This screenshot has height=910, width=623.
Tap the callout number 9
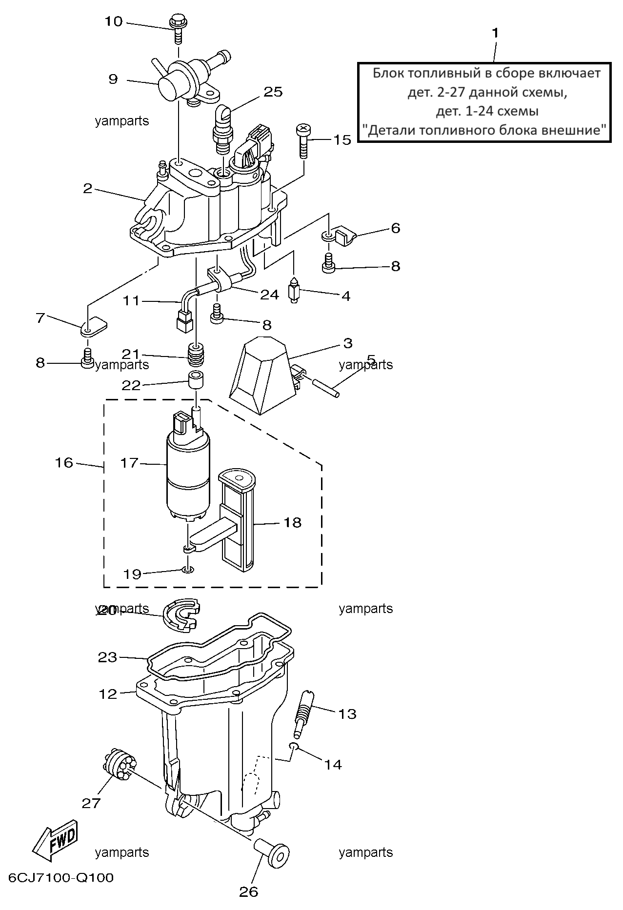(x=113, y=79)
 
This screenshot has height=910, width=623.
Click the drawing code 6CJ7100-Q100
(x=61, y=878)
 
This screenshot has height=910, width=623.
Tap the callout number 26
(x=248, y=891)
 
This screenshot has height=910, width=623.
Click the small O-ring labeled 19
(x=188, y=569)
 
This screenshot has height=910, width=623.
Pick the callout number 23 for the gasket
(x=108, y=657)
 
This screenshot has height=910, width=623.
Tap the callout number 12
(x=108, y=693)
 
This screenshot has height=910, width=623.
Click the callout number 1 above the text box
(x=495, y=33)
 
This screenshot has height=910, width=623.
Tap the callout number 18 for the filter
(x=292, y=523)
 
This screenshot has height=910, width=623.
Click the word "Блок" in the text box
(x=388, y=74)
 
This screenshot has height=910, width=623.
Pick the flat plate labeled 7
(x=94, y=326)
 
